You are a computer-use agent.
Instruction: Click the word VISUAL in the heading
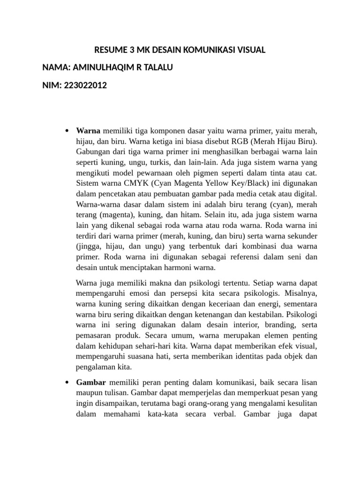pyautogui.click(x=248, y=49)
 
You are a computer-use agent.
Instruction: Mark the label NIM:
pyautogui.click(x=51, y=85)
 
